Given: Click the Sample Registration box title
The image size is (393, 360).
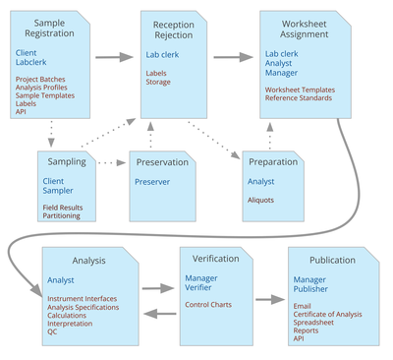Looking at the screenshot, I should [48, 28].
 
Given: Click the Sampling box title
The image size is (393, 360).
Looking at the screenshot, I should [67, 162].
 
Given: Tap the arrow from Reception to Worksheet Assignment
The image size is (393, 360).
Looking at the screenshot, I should [233, 58].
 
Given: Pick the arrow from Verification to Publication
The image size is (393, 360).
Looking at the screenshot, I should [266, 297].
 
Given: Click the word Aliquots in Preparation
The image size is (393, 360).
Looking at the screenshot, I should [262, 200].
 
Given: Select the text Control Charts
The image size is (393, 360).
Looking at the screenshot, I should [208, 304].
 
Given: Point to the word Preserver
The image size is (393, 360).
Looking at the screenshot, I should [152, 181].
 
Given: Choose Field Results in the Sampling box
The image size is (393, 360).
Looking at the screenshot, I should [63, 208].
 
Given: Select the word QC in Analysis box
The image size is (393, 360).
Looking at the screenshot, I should [52, 331].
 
